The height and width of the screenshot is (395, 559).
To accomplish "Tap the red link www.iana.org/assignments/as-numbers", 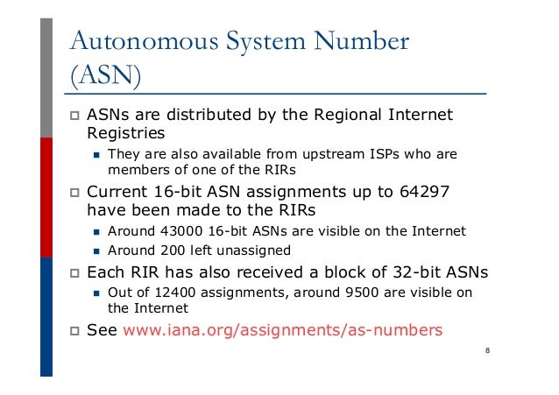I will click(284, 331).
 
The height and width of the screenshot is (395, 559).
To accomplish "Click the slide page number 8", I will click(487, 351).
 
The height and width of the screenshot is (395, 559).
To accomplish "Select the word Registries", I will click(125, 133).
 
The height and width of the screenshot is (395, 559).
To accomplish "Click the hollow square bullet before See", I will click(74, 331).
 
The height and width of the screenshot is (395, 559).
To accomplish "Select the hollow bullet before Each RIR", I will click(74, 272).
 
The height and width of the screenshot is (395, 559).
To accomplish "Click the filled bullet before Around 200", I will click(98, 250).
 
